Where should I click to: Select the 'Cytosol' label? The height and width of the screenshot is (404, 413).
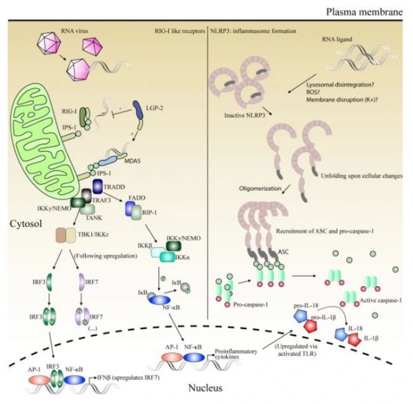coord(26,225)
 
